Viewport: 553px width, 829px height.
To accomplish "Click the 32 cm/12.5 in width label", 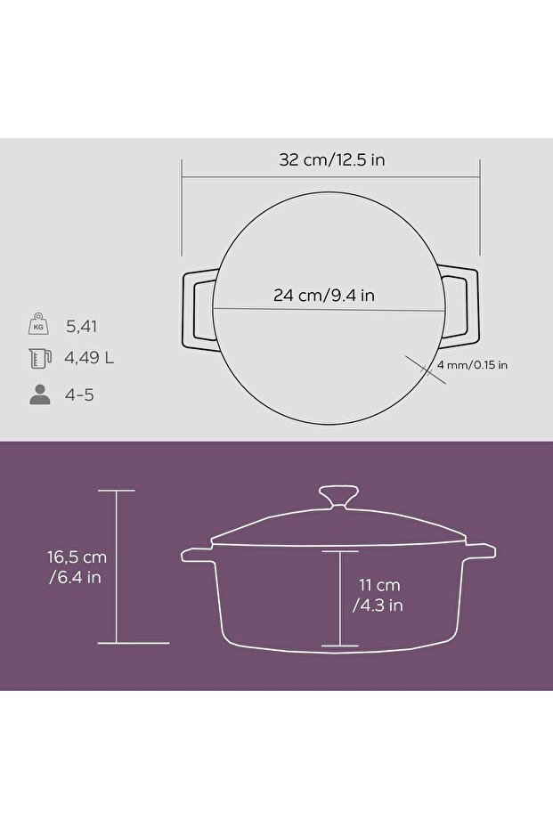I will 331,160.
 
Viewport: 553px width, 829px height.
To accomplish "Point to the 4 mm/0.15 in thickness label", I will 472,365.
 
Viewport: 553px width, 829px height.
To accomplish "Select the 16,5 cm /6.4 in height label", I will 77,566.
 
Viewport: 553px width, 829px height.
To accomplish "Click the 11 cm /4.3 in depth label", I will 378,595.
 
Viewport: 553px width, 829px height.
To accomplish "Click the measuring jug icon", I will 40,359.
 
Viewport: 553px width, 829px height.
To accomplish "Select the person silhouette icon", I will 40,394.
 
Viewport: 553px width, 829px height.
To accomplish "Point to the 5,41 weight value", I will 81,327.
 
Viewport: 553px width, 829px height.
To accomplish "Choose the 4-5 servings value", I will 80,394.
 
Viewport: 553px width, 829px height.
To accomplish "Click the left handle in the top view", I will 198,307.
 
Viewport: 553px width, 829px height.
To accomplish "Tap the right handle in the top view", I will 461,307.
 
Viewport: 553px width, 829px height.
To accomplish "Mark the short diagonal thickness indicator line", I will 425,369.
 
